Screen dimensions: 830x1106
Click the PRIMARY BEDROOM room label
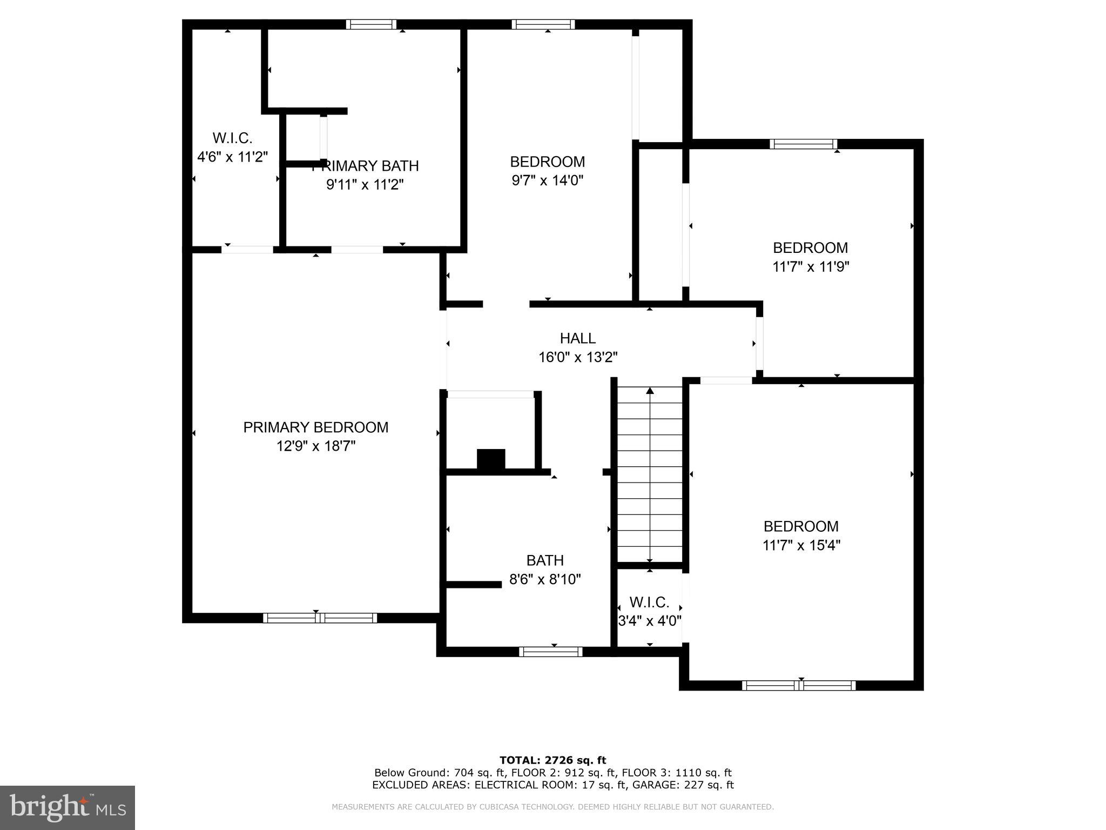[315, 427]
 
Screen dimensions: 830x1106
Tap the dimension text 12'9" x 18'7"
[315, 446]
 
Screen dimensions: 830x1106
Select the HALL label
[577, 338]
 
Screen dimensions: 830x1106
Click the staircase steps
[650, 476]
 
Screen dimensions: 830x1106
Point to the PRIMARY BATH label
[365, 166]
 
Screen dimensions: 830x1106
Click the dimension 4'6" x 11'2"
[232, 157]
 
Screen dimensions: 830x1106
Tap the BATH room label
[545, 560]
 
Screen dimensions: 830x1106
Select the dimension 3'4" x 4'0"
[649, 621]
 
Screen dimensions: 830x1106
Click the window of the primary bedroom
[320, 618]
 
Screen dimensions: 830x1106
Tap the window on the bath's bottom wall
[550, 652]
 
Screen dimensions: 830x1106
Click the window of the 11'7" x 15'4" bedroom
[798, 686]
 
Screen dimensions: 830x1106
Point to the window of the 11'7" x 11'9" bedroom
[803, 144]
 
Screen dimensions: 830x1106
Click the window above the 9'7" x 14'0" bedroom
[543, 24]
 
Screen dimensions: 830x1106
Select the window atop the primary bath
[371, 24]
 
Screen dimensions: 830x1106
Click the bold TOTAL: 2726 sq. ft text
[552, 760]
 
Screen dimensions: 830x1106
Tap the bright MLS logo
[68, 808]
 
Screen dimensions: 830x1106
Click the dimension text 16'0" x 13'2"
[577, 357]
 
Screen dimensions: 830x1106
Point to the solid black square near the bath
[491, 459]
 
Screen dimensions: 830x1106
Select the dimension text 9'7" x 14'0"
[547, 180]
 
